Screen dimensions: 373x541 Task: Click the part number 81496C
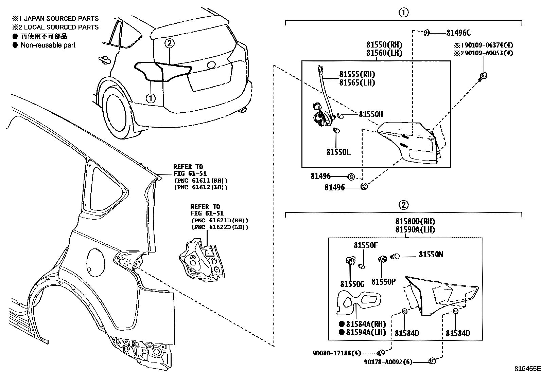tap(458, 33)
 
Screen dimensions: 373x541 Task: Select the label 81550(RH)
tap(384, 44)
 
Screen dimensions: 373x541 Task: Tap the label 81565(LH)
tap(357, 83)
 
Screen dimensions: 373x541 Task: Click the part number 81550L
tap(338, 152)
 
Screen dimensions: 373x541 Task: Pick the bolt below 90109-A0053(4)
tap(484, 76)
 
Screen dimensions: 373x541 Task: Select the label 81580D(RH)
tap(415, 221)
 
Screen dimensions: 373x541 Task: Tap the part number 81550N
tap(431, 255)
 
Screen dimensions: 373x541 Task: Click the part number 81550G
tap(352, 284)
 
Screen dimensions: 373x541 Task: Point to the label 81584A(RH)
tap(366, 324)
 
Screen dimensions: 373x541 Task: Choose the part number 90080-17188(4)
tap(336, 353)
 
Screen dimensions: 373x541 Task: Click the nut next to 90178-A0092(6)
tap(433, 361)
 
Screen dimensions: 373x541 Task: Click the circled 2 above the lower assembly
tap(403, 205)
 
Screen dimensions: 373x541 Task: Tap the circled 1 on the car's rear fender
tap(150, 98)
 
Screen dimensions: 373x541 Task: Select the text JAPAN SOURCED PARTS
tap(60, 19)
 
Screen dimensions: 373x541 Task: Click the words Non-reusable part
tap(48, 45)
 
